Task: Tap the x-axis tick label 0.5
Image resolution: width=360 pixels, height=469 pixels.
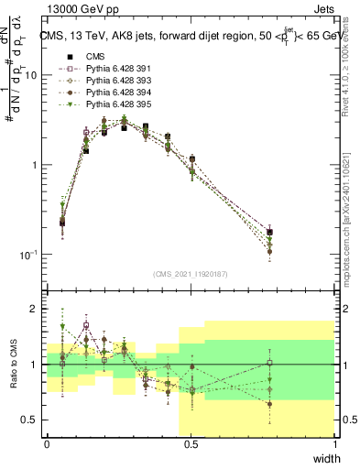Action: pos(191,444)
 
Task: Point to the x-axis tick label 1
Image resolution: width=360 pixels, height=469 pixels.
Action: pos(334,444)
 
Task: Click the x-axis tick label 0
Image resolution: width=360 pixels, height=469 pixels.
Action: pos(47,444)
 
